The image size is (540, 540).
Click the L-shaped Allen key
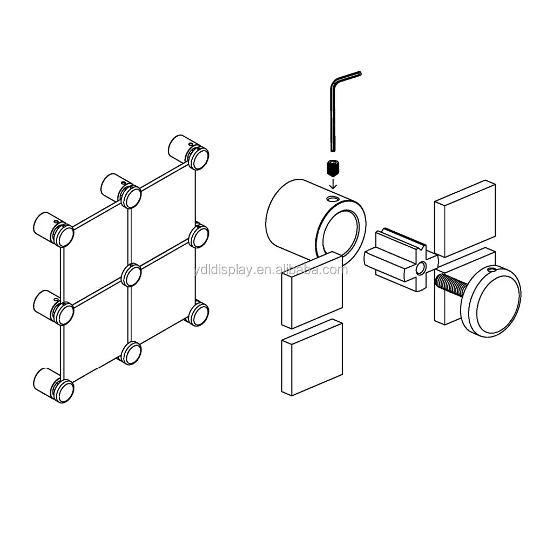[332, 113]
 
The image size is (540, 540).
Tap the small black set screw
[332, 167]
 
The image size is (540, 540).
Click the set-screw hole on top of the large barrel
[333, 199]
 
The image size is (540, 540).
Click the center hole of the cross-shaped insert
[420, 267]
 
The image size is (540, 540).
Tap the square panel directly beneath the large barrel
[312, 291]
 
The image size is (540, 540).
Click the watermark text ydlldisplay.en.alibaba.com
[271, 269]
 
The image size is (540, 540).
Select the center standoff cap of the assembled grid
[131, 274]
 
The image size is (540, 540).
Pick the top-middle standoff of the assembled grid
[121, 191]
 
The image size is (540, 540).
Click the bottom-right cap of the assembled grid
[198, 313]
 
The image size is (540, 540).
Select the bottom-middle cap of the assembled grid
[130, 353]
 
